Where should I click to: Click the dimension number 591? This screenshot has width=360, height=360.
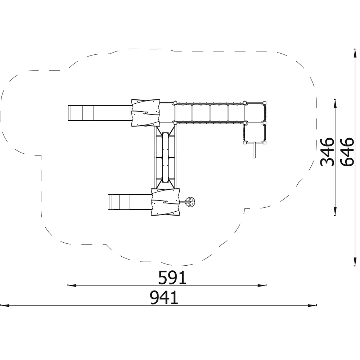(x=172, y=277)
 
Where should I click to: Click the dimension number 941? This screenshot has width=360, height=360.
(x=164, y=298)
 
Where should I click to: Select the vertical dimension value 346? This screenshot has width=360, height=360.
(x=327, y=152)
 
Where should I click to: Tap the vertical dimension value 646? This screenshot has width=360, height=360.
(x=347, y=152)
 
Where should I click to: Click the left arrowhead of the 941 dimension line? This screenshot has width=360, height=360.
(x=5, y=306)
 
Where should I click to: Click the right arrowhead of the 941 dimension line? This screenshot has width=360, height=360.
(x=312, y=305)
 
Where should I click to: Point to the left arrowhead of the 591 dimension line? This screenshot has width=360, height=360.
(x=72, y=285)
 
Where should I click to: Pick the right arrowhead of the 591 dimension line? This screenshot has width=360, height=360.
(x=262, y=285)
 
